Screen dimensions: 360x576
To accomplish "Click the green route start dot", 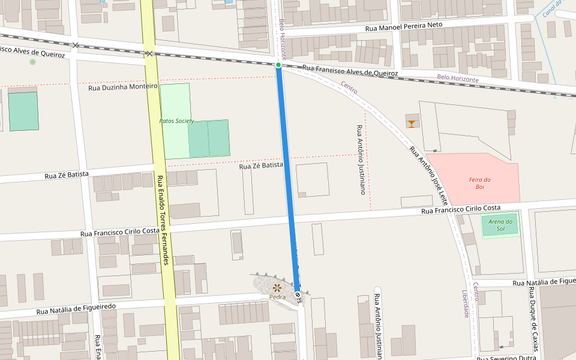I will (278, 65).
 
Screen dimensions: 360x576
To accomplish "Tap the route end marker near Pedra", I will (298, 295).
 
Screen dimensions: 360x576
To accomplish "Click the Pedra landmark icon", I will (277, 288).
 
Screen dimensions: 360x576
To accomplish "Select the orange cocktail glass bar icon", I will (412, 124).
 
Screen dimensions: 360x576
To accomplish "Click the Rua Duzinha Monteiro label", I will (122, 87).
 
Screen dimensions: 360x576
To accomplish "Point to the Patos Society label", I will (176, 121).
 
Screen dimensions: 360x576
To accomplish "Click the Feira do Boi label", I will (480, 183).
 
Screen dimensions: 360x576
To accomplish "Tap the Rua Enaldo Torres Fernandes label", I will (161, 220).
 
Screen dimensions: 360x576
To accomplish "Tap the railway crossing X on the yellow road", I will (149, 54).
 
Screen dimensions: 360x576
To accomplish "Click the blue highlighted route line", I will (287, 180).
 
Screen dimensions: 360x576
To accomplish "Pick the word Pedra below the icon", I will (277, 297).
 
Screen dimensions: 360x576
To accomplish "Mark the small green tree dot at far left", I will (32, 62).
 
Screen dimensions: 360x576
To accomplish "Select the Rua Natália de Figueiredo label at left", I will (76, 309).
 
